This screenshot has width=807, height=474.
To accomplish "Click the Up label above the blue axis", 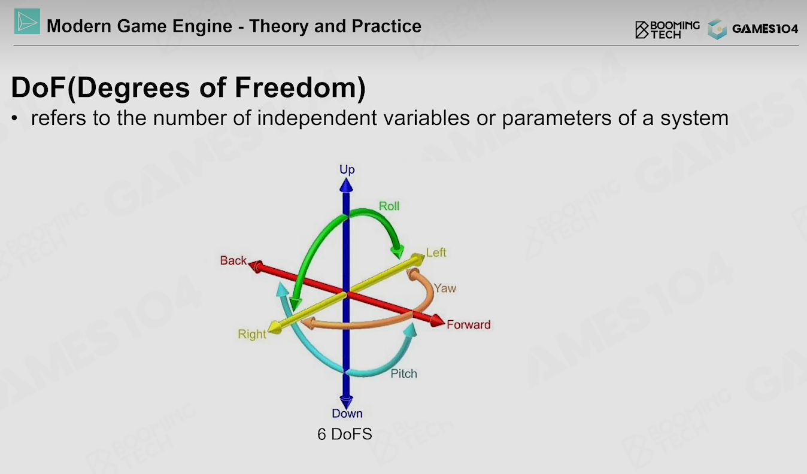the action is point(347,169).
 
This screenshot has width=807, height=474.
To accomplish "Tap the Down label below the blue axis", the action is point(347,413).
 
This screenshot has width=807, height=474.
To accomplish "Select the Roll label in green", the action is point(389,206).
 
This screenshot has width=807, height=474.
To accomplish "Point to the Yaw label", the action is point(445,288).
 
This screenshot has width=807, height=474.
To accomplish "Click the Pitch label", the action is point(404,373).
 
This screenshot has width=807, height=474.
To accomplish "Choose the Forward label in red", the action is point(468,324).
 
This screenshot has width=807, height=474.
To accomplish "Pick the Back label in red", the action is point(233,260).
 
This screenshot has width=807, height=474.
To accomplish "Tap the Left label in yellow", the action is point(436,253).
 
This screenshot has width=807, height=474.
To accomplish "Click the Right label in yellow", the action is point(252,334).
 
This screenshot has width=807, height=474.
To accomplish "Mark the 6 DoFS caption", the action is point(345,434).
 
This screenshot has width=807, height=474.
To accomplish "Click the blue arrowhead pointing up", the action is point(346,185).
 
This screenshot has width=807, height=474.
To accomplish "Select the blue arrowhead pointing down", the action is point(346,401).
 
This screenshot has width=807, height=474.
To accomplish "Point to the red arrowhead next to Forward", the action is point(438,321).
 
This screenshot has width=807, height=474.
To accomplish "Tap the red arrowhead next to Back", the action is point(256,266).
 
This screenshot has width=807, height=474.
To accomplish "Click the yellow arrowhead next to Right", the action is point(275,327).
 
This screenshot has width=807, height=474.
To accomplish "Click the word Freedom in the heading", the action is point(299,87).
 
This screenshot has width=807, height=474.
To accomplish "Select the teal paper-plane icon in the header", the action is point(27,22).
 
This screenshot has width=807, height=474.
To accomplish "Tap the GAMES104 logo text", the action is point(765,29).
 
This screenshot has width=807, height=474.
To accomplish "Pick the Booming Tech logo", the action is point(668,29).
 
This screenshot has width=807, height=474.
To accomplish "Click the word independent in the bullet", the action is point(317,118).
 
